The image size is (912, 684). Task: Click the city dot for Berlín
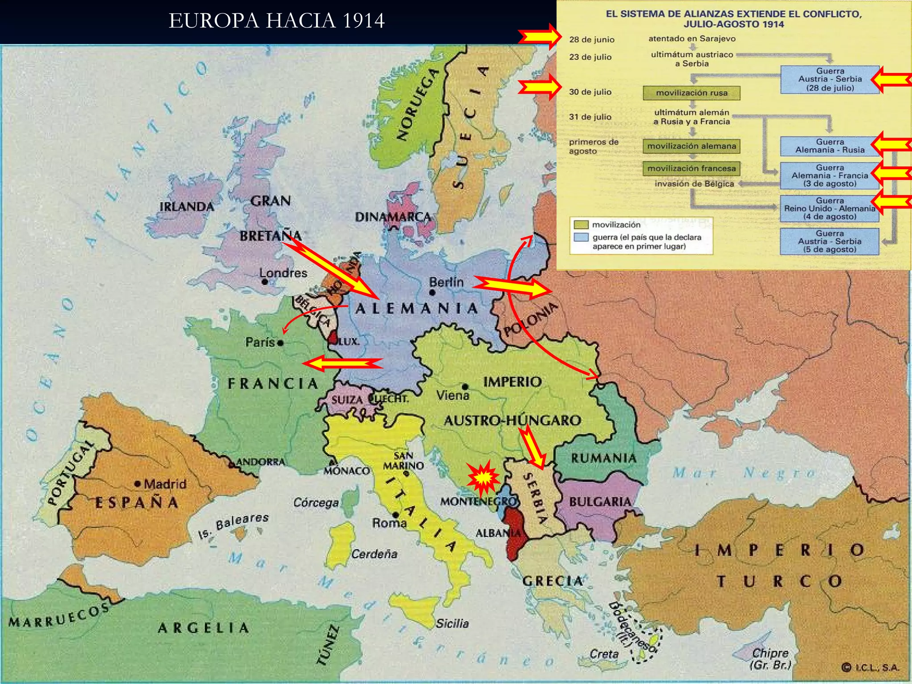tap(432, 293)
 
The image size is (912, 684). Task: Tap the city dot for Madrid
tap(138, 484)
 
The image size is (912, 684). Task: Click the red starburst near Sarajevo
tap(483, 478)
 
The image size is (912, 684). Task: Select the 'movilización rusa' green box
tap(691, 93)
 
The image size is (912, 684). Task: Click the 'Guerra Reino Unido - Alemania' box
tap(829, 208)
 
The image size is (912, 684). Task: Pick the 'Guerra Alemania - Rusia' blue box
tap(829, 146)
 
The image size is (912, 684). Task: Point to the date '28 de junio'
tap(591, 40)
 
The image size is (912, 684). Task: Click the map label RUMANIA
tap(603, 458)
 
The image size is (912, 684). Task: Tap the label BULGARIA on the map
tap(600, 502)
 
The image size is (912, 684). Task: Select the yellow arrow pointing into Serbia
tap(532, 448)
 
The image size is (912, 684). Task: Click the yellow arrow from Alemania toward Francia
tap(343, 364)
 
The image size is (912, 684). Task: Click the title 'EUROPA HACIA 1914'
tap(277, 21)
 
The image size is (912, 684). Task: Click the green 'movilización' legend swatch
tap(581, 224)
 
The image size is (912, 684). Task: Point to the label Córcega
tap(316, 503)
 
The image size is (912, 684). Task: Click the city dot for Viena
tap(465, 387)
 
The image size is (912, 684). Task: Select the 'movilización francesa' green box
tap(691, 168)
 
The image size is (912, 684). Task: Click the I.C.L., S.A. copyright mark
tap(870, 668)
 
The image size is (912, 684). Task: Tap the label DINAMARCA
tap(393, 217)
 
